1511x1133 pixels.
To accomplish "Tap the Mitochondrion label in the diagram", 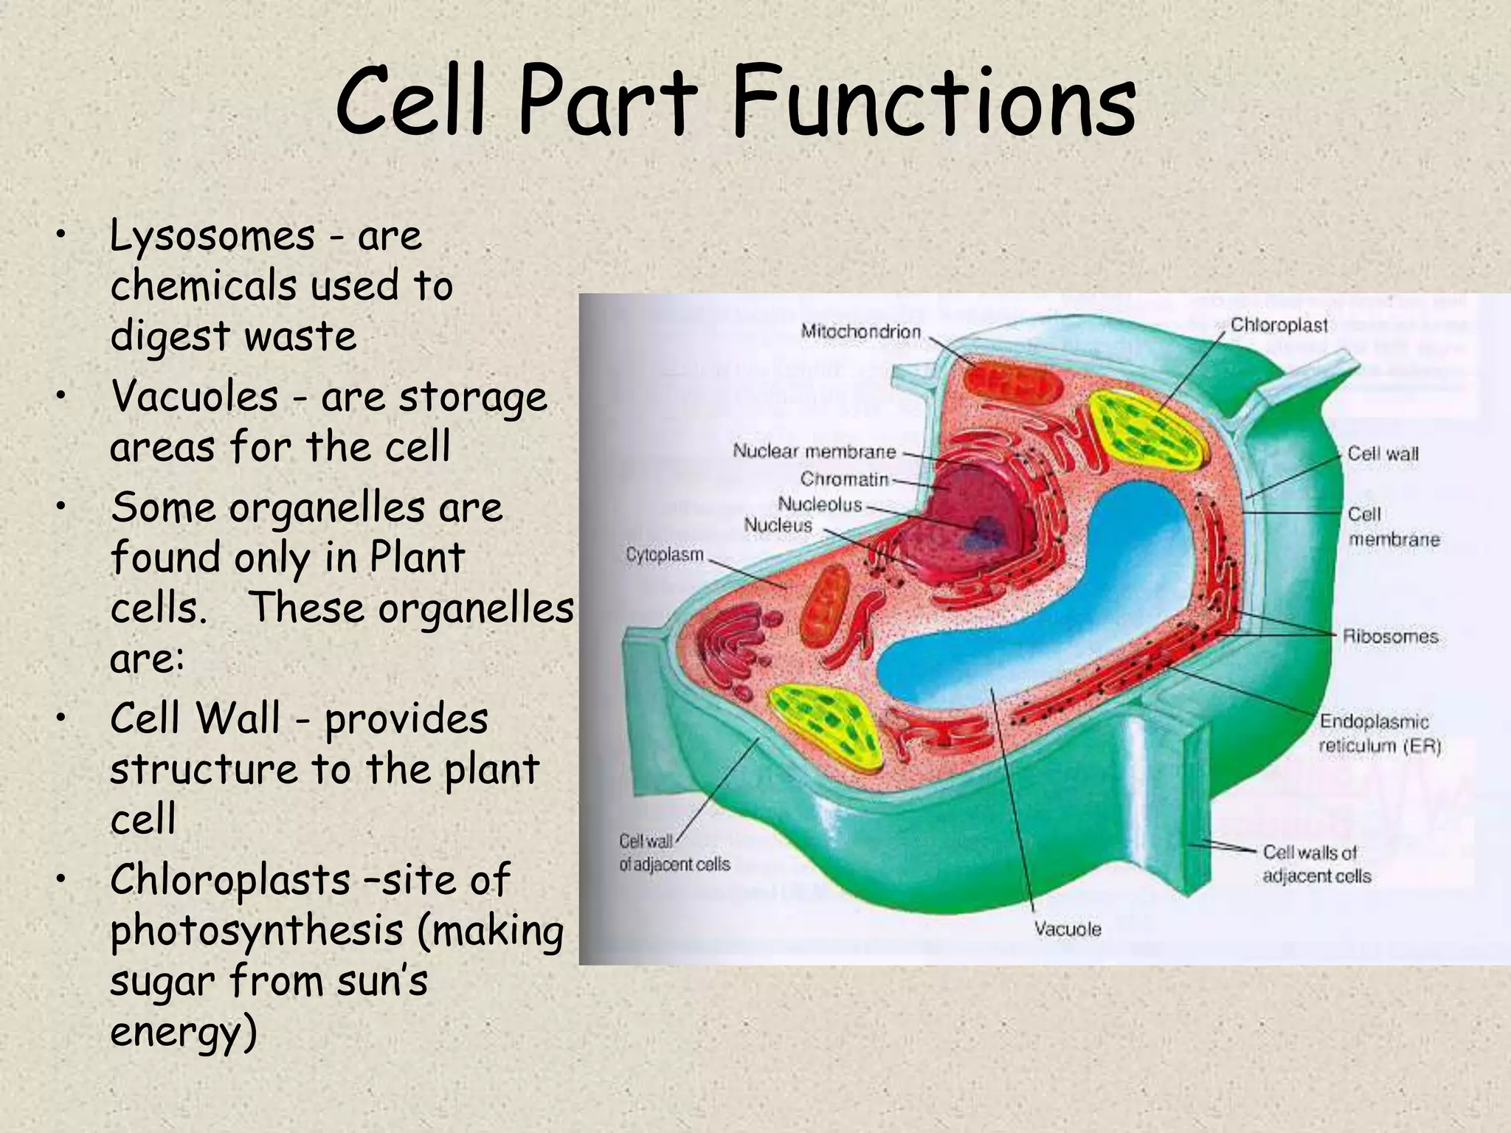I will click(861, 332).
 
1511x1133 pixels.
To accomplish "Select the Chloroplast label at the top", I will click(1279, 325).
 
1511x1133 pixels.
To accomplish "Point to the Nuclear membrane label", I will click(814, 451).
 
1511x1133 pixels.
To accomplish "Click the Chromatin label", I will click(845, 479).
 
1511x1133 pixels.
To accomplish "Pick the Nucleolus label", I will click(820, 505).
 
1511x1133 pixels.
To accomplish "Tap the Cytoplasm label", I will click(665, 554).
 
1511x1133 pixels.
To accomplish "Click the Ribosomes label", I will click(1390, 636).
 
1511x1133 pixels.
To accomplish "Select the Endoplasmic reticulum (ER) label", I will click(1379, 733).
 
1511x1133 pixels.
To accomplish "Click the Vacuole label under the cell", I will click(1067, 929).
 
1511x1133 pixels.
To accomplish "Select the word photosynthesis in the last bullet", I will click(256, 932).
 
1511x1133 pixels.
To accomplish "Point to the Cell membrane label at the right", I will click(1392, 527).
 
